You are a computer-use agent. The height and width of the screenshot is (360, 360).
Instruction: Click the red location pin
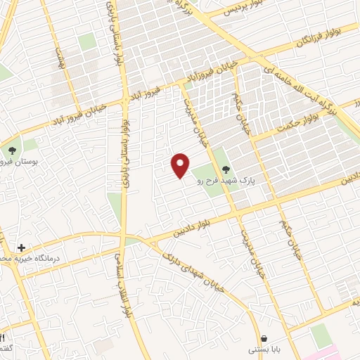[181, 165]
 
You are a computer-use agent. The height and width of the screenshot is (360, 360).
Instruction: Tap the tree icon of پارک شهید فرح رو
[226, 169]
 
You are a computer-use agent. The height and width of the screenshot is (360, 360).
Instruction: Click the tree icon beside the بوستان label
[11, 149]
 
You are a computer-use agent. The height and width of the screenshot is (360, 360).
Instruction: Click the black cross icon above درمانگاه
[22, 247]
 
